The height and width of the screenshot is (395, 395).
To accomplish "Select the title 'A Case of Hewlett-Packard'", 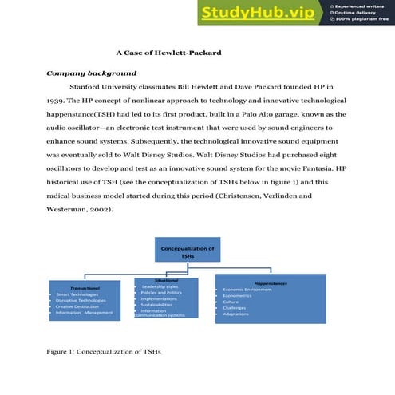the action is [x=168, y=53].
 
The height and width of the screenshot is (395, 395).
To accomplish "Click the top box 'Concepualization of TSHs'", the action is [x=188, y=252].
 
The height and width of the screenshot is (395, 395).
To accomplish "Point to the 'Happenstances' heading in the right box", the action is [x=271, y=282].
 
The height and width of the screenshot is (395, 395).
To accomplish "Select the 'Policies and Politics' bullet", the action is [x=161, y=293].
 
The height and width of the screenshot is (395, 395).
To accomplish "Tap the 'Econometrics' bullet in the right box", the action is [x=238, y=295].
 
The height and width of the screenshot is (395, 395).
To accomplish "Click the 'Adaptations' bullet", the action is [x=236, y=314].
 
